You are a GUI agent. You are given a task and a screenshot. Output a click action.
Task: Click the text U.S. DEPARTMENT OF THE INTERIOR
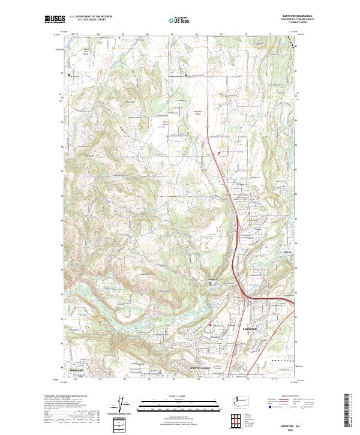tap(91, 17)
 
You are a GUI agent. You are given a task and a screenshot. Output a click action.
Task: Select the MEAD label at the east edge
tap(287, 260)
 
